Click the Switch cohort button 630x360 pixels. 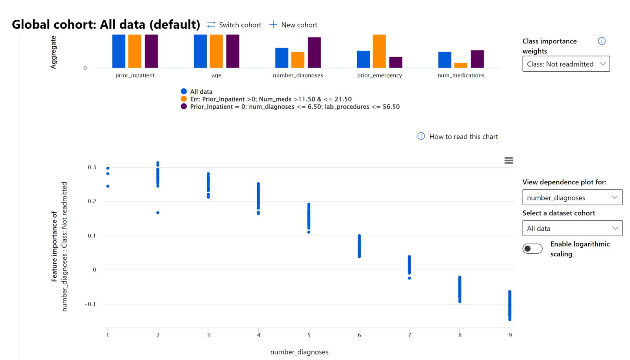click(234, 25)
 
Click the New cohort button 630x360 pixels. click(293, 25)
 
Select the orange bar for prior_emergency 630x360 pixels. click(379, 51)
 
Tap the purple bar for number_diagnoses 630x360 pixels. click(314, 52)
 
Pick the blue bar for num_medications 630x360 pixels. click(445, 60)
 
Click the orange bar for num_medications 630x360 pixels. click(461, 65)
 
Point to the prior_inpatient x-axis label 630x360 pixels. click(135, 75)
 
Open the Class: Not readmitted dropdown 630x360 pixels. click(566, 64)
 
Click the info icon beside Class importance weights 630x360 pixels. click(602, 41)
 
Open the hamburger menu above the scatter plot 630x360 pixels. click(509, 160)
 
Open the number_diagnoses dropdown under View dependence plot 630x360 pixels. click(572, 197)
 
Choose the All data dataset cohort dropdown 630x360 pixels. click(572, 228)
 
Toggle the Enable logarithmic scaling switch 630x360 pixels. click(532, 249)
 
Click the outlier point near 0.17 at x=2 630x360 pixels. click(158, 213)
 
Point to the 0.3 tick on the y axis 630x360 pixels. click(92, 167)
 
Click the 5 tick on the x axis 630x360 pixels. click(309, 335)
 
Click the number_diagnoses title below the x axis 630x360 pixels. click(299, 352)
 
